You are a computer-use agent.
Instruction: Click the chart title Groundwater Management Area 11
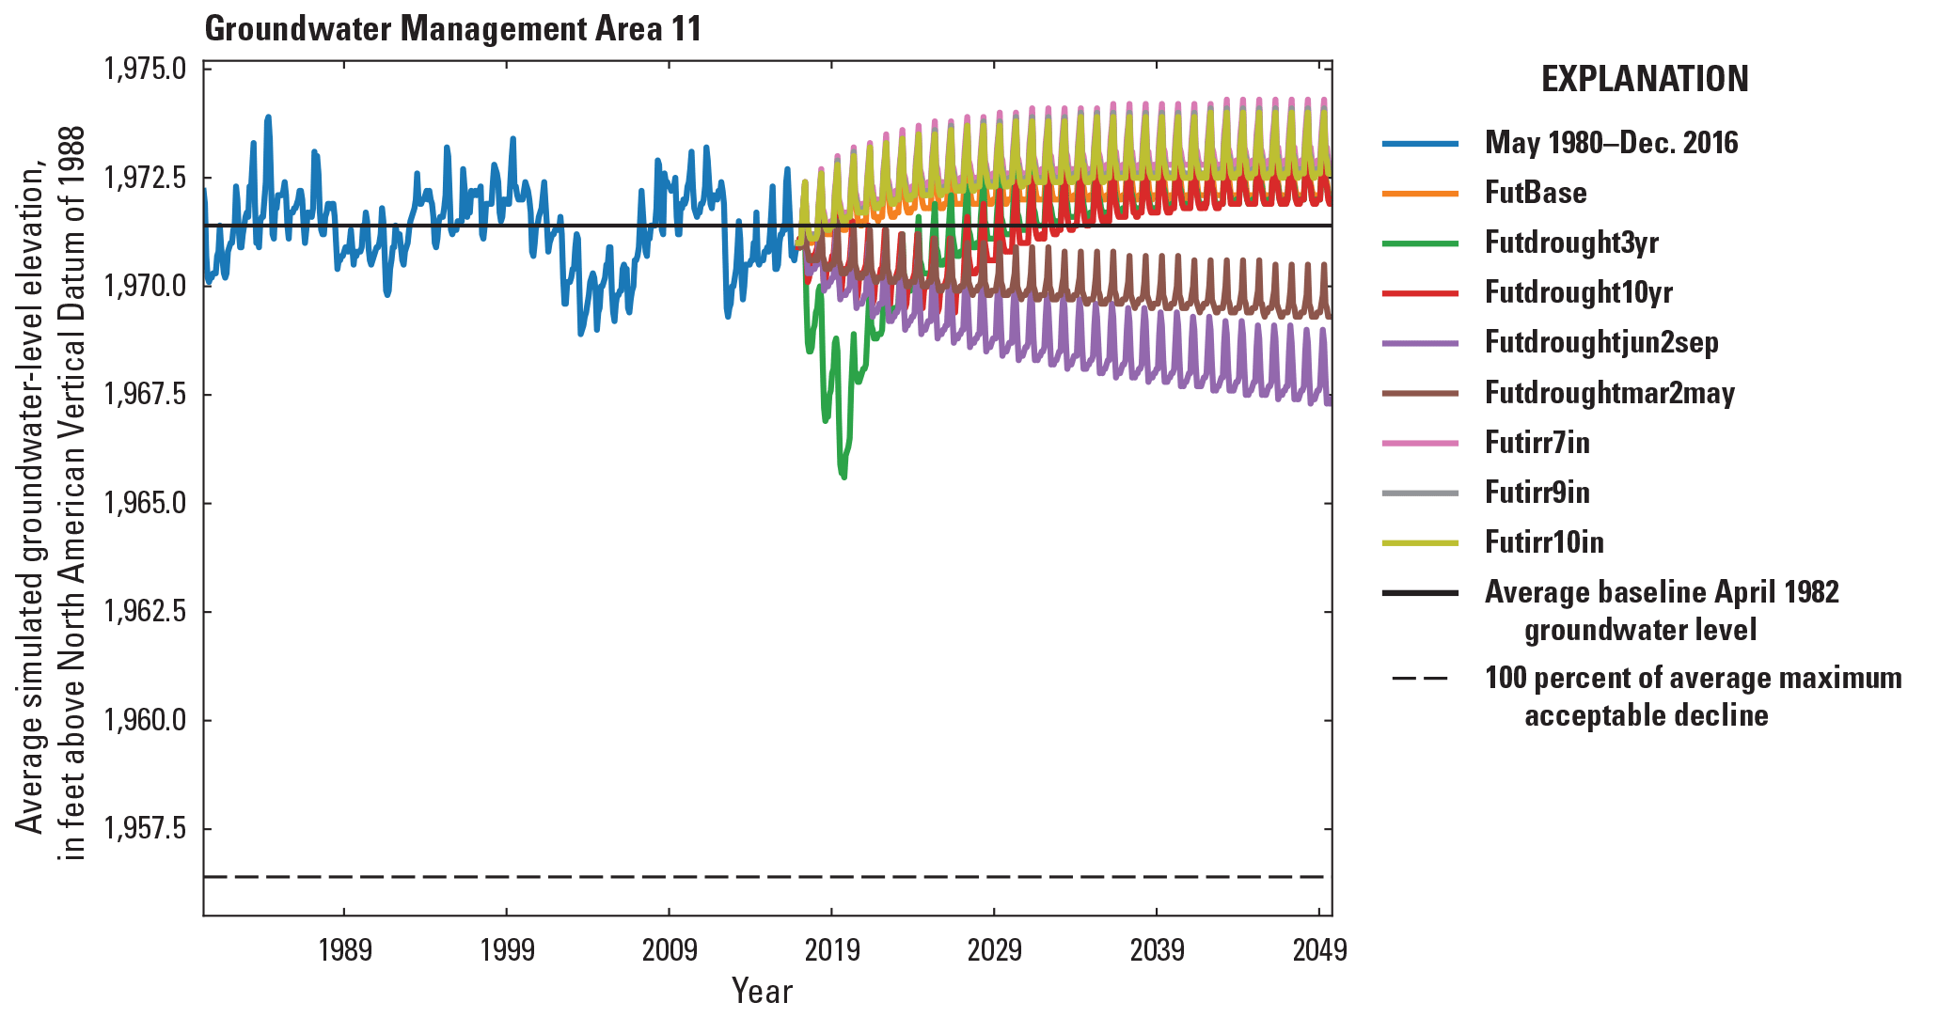tap(452, 29)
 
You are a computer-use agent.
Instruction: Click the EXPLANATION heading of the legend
tap(1644, 79)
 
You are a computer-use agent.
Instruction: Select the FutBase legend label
tap(1536, 193)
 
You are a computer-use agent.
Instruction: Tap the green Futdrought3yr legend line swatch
tap(1420, 243)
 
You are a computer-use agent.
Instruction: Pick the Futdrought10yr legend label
tap(1578, 292)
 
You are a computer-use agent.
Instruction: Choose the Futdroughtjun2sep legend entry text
tap(1600, 342)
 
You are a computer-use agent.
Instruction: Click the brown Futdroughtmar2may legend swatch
tap(1420, 393)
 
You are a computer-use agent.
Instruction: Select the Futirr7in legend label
tap(1537, 443)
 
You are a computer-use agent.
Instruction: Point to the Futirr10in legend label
tap(1544, 542)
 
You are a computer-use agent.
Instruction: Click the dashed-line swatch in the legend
tap(1420, 679)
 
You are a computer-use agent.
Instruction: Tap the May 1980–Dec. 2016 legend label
tap(1611, 143)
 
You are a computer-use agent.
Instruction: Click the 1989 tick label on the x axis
tap(344, 950)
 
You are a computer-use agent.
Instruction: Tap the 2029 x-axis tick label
tap(994, 950)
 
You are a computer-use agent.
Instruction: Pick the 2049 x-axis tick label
tap(1319, 950)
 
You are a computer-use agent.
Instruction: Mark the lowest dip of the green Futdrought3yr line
tap(843, 477)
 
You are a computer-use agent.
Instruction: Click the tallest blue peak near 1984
tap(268, 117)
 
